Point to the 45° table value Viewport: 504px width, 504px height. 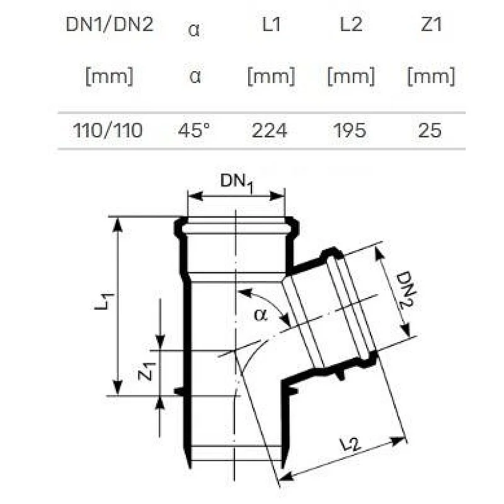point(195,130)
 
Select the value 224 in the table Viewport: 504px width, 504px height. point(270,130)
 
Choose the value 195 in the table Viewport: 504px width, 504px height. point(350,130)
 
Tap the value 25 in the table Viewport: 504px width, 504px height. point(431,130)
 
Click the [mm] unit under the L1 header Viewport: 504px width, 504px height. point(270,77)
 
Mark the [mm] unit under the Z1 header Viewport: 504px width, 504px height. point(431,77)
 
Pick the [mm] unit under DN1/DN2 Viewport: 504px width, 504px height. point(109,77)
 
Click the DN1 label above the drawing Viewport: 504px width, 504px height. point(237,182)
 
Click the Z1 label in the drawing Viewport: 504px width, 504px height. point(146,372)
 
